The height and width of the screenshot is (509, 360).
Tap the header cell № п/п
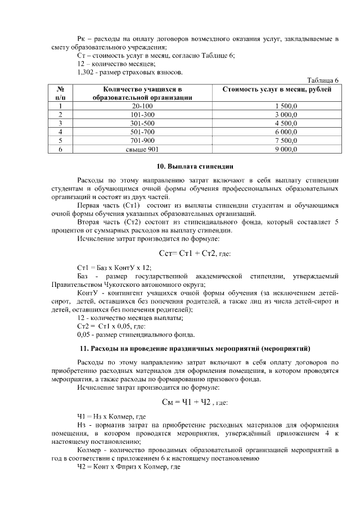60,93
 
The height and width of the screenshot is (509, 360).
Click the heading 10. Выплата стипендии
194,166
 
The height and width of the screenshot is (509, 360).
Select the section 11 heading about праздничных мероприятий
194,349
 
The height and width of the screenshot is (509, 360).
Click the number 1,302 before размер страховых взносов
85,73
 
